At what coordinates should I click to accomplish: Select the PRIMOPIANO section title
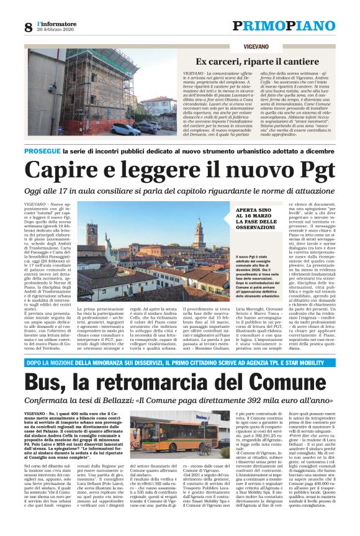(283, 25)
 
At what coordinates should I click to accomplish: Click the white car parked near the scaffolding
(126, 129)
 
